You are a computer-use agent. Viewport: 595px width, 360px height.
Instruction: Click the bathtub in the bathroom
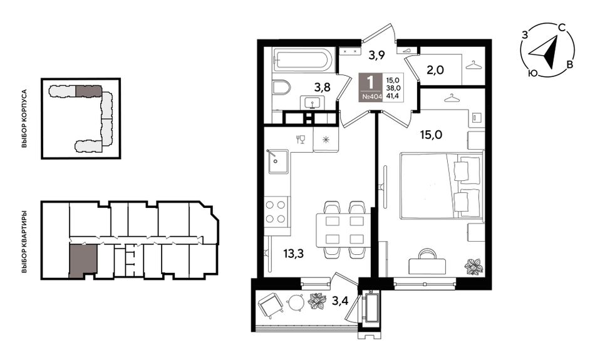tap(303, 59)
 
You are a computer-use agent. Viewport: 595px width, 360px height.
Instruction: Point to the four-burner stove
tap(276, 211)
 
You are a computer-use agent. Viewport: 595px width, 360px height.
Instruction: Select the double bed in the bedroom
tap(442, 185)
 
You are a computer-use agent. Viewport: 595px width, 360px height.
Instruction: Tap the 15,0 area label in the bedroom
tap(431, 134)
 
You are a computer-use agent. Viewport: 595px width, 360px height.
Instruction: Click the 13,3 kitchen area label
tap(293, 254)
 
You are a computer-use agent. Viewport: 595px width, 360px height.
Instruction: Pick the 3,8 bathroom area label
tap(322, 88)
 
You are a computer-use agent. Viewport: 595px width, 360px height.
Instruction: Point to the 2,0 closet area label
tap(436, 69)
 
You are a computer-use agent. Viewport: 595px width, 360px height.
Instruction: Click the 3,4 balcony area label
tap(340, 302)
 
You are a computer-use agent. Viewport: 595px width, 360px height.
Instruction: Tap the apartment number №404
tap(371, 97)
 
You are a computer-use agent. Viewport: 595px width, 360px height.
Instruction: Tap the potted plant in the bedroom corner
tap(473, 266)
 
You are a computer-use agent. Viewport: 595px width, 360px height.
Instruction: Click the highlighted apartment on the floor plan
tap(83, 260)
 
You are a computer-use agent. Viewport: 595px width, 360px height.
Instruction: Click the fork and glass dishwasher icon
tap(300, 140)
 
